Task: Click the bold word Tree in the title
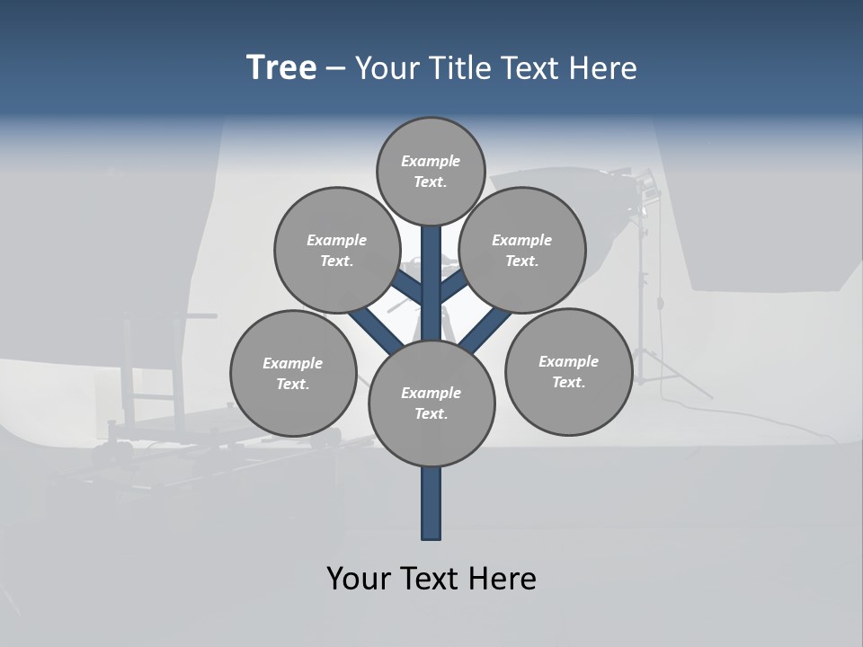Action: (x=281, y=68)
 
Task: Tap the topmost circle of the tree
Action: (x=431, y=171)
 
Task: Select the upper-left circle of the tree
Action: (x=337, y=250)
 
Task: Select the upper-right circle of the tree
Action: (x=522, y=250)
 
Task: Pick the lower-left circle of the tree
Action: (x=293, y=373)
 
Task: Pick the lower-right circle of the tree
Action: (x=568, y=371)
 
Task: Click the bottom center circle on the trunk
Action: (x=431, y=403)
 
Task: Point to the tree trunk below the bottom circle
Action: (x=431, y=503)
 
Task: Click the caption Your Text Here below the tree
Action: (x=431, y=579)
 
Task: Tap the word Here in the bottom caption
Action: (x=502, y=579)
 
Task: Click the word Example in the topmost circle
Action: (x=431, y=161)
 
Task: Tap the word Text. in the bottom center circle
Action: (x=431, y=413)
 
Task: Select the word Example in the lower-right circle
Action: (x=568, y=361)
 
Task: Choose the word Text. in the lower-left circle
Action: (x=293, y=384)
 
